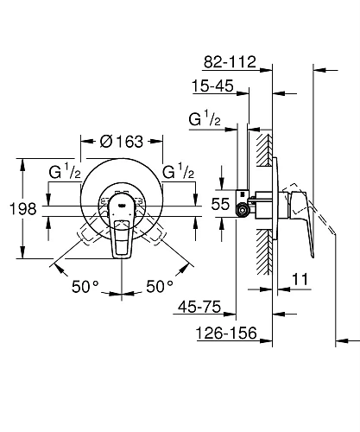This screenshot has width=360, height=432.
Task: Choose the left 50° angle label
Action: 85,284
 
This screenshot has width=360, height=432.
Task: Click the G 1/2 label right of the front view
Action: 179,172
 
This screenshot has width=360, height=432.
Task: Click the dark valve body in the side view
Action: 250,207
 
